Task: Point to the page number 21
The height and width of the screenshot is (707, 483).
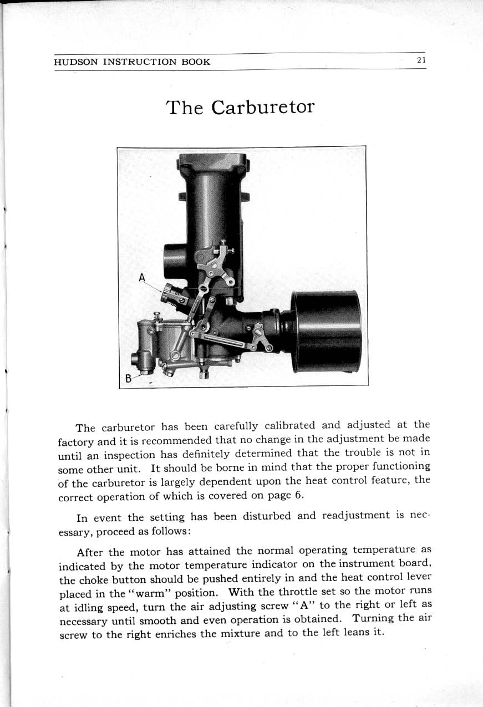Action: tap(421, 60)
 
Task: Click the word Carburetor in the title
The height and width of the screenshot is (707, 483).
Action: tap(263, 107)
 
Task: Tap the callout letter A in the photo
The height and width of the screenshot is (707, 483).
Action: tap(143, 277)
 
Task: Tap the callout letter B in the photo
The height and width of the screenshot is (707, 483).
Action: tap(129, 379)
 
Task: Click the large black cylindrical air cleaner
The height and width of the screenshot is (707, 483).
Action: tap(327, 331)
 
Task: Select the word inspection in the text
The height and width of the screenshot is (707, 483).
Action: tap(130, 455)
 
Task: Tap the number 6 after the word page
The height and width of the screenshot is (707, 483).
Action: tap(298, 495)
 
